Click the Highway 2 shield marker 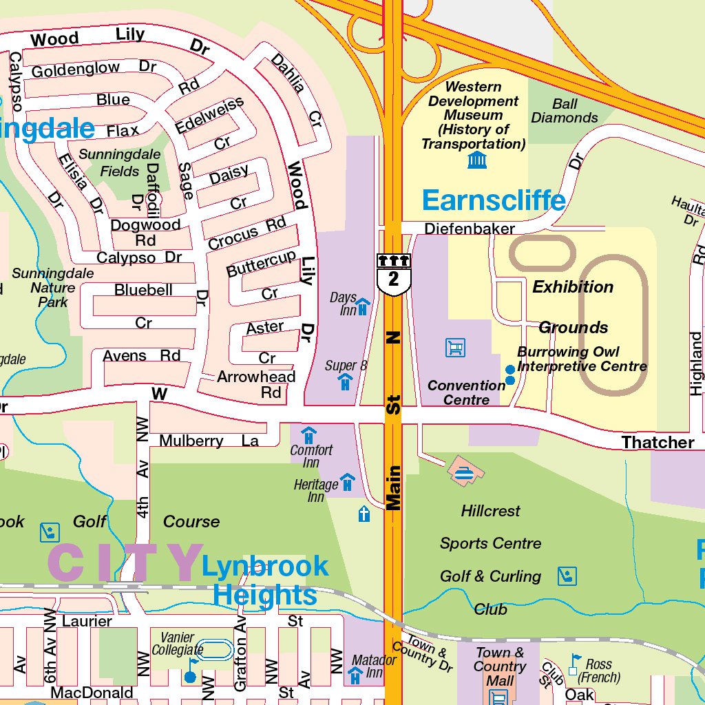[393, 274]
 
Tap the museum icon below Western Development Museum [476, 160]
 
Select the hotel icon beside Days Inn [363, 305]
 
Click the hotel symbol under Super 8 [346, 382]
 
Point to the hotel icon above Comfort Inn [309, 435]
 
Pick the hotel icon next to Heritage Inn [348, 481]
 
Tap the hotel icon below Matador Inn [355, 676]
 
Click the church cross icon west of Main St [364, 514]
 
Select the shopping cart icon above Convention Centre [455, 348]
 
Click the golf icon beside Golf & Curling [567, 576]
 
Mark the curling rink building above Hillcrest [466, 472]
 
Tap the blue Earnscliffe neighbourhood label [494, 200]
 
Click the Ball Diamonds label [565, 111]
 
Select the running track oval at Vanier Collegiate [218, 650]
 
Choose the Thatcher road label [657, 442]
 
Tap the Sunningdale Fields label [120, 162]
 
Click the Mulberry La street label [209, 441]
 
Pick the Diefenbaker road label [470, 229]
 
